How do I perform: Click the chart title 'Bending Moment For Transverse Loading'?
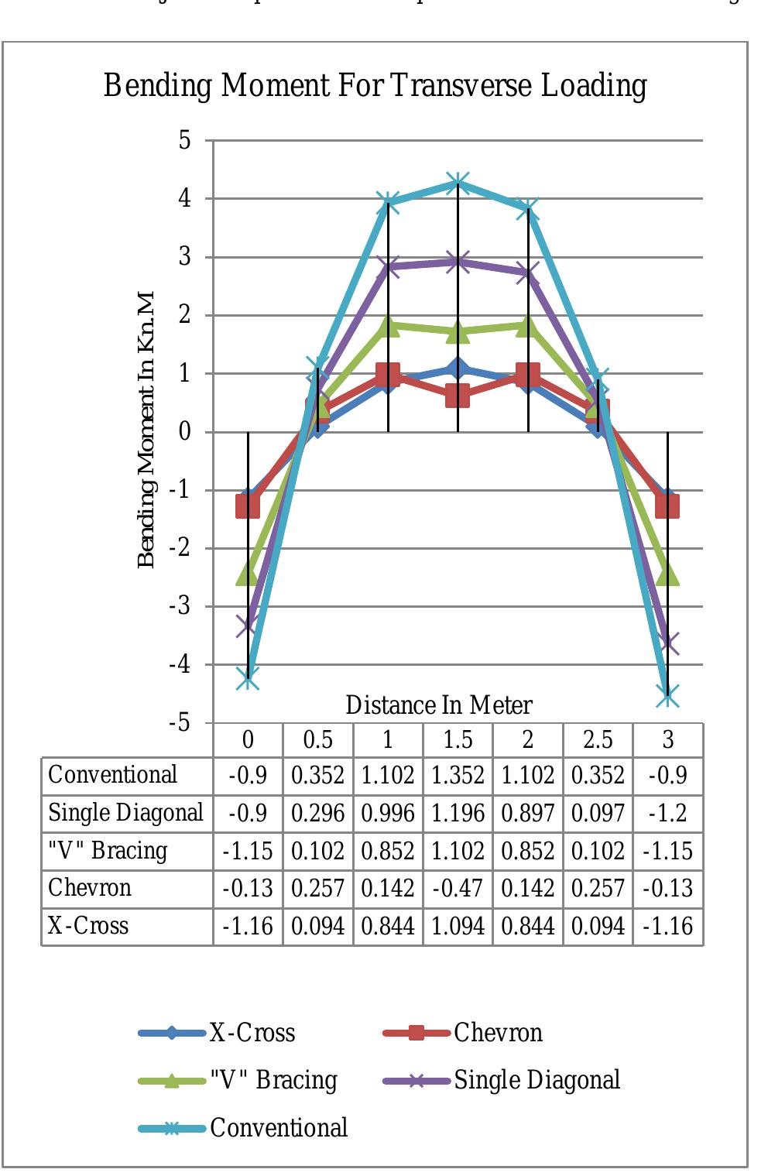(375, 85)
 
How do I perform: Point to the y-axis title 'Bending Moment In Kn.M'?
(146, 430)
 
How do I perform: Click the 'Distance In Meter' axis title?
(438, 705)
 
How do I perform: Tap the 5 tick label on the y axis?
(184, 140)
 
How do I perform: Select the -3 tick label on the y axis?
(180, 605)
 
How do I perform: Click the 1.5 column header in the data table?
(458, 740)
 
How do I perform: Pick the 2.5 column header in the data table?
(598, 740)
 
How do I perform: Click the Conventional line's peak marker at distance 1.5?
(458, 183)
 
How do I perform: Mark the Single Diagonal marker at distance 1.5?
(458, 262)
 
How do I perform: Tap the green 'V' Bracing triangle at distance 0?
(248, 574)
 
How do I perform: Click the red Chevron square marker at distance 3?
(667, 506)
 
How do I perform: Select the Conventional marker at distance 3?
(668, 695)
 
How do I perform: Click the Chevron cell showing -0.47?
(458, 889)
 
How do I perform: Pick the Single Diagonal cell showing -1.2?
(668, 814)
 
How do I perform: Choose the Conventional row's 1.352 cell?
(458, 776)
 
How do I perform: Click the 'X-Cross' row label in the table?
(88, 926)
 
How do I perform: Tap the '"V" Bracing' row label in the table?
(108, 851)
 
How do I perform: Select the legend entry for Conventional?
(278, 1128)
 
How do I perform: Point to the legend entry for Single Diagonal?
(537, 1080)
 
